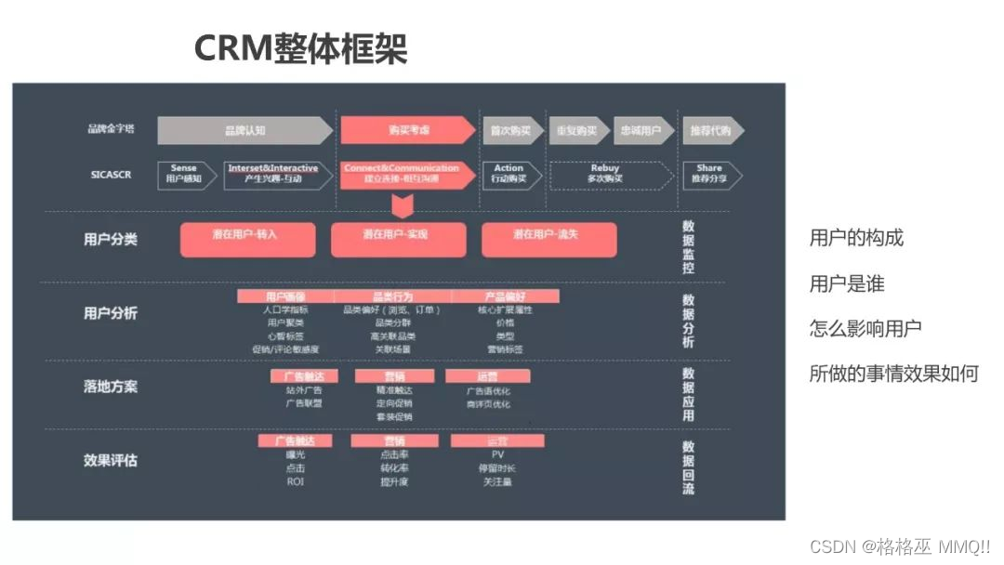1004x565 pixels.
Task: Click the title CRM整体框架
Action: (300, 48)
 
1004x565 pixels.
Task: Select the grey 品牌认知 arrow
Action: (244, 130)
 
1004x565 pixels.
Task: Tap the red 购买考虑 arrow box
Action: (408, 130)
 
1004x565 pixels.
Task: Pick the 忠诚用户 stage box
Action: (641, 130)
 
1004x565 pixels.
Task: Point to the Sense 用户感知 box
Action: (184, 174)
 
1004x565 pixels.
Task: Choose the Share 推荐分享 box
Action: (710, 174)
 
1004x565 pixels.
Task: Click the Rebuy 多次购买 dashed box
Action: (605, 174)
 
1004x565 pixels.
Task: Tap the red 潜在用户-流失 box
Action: (548, 239)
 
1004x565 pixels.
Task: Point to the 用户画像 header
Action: (285, 296)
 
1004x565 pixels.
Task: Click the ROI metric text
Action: (296, 481)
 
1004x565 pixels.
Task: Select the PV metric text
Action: (497, 454)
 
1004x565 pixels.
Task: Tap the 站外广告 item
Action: (303, 390)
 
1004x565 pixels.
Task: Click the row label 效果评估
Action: (110, 460)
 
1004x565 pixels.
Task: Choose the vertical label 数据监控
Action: (688, 247)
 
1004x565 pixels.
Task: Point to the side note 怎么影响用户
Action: (865, 328)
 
